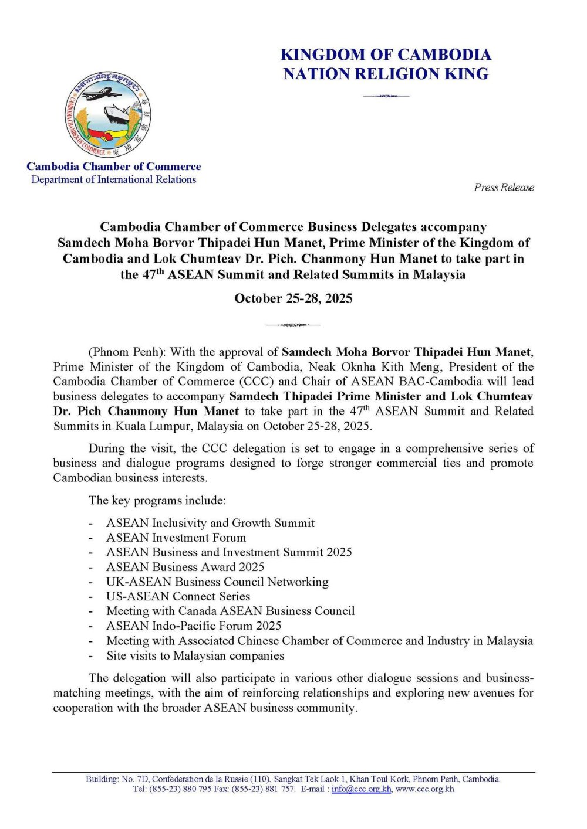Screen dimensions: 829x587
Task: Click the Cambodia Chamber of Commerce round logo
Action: click(108, 115)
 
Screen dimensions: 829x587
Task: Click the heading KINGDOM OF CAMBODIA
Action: click(386, 55)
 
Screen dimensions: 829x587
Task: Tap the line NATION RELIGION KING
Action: click(386, 74)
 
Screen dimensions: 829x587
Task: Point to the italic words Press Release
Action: click(504, 188)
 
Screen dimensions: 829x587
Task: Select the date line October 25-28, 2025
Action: click(293, 298)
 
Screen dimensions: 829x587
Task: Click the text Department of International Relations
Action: click(114, 179)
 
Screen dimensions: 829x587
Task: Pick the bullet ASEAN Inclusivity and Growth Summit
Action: click(210, 523)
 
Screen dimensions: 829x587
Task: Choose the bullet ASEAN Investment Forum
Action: click(176, 538)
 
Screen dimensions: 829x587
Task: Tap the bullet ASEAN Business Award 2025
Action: click(185, 567)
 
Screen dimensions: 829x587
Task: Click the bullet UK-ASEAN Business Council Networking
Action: click(217, 582)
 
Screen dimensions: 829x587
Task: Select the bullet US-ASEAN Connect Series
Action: click(178, 596)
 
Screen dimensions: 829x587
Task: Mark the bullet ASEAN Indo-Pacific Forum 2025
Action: click(194, 626)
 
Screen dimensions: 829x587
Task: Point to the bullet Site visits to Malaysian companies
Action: click(195, 655)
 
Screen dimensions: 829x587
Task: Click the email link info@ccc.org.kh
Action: click(361, 789)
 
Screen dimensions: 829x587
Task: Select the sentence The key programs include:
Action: click(157, 501)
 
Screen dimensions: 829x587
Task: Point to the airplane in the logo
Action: click(101, 93)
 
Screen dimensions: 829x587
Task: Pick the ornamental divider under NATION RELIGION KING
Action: click(386, 96)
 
